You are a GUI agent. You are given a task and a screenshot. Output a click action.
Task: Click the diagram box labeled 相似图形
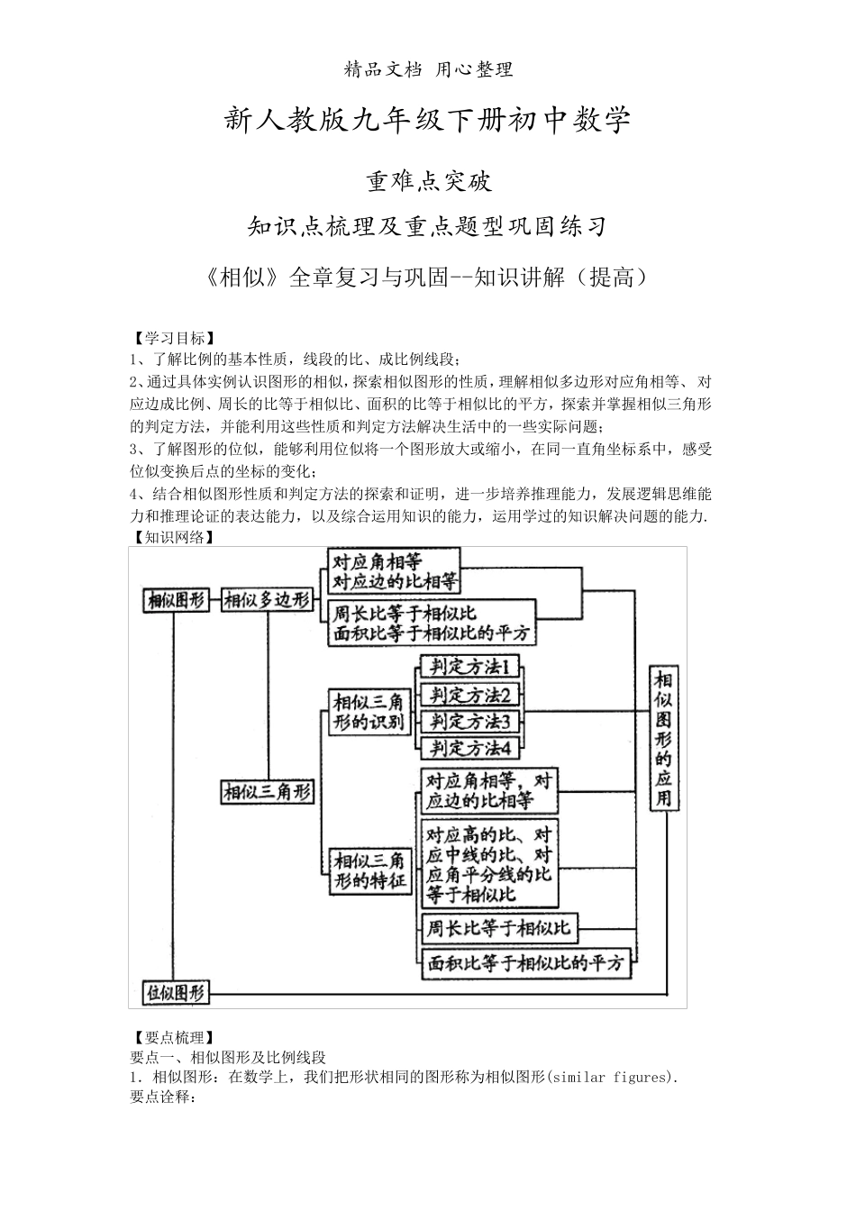(x=177, y=599)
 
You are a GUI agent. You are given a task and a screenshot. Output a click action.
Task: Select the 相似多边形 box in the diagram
(x=267, y=599)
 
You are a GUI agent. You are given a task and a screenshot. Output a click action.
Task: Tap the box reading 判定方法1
(x=470, y=668)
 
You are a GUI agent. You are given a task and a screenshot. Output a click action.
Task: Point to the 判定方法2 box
(x=470, y=695)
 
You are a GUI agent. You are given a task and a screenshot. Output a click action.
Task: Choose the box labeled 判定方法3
(x=470, y=721)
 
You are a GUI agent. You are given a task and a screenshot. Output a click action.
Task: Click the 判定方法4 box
(x=470, y=747)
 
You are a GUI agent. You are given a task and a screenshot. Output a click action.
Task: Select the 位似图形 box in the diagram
(x=177, y=992)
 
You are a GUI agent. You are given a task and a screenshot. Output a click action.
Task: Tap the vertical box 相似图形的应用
(x=663, y=738)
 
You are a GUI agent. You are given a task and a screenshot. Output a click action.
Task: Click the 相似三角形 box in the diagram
(x=267, y=792)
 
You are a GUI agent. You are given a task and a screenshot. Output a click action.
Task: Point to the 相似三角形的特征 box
(x=370, y=870)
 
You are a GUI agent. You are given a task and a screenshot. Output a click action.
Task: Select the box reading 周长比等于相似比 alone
(x=498, y=927)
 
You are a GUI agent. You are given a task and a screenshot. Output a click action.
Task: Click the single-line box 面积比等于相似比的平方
(x=525, y=963)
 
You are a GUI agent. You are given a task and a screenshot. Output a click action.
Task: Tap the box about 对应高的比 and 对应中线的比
(x=488, y=863)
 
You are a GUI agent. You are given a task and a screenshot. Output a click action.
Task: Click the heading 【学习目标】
(x=171, y=339)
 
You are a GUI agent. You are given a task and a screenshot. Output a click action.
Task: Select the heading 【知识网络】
(x=171, y=537)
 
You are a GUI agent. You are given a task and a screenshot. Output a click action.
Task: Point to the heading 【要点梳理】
(x=171, y=1038)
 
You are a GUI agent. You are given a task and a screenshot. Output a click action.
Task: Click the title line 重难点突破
(x=428, y=181)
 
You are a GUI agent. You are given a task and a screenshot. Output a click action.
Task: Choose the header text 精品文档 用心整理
(x=428, y=69)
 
